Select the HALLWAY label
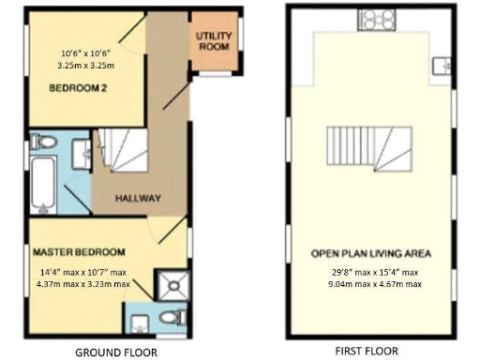(x=138, y=199)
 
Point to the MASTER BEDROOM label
(x=80, y=253)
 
